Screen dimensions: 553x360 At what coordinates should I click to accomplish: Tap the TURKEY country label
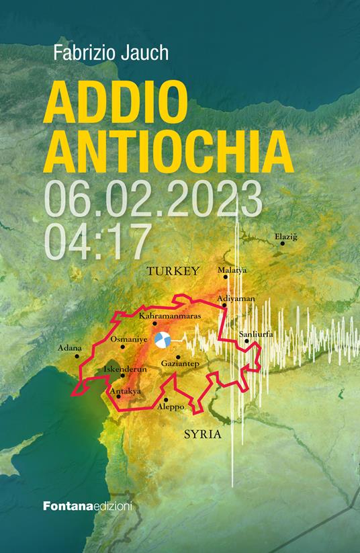pyautogui.click(x=173, y=271)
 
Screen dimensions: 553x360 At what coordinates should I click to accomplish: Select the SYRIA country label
pyautogui.click(x=202, y=435)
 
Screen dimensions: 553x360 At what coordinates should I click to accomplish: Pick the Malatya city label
pyautogui.click(x=232, y=270)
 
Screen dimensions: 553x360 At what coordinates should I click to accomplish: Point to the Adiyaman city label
pyautogui.click(x=237, y=298)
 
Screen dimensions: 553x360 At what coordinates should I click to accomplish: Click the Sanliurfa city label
pyautogui.click(x=256, y=334)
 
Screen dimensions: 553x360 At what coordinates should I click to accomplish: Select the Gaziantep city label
pyautogui.click(x=179, y=364)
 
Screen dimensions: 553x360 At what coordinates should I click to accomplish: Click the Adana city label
pyautogui.click(x=70, y=348)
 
